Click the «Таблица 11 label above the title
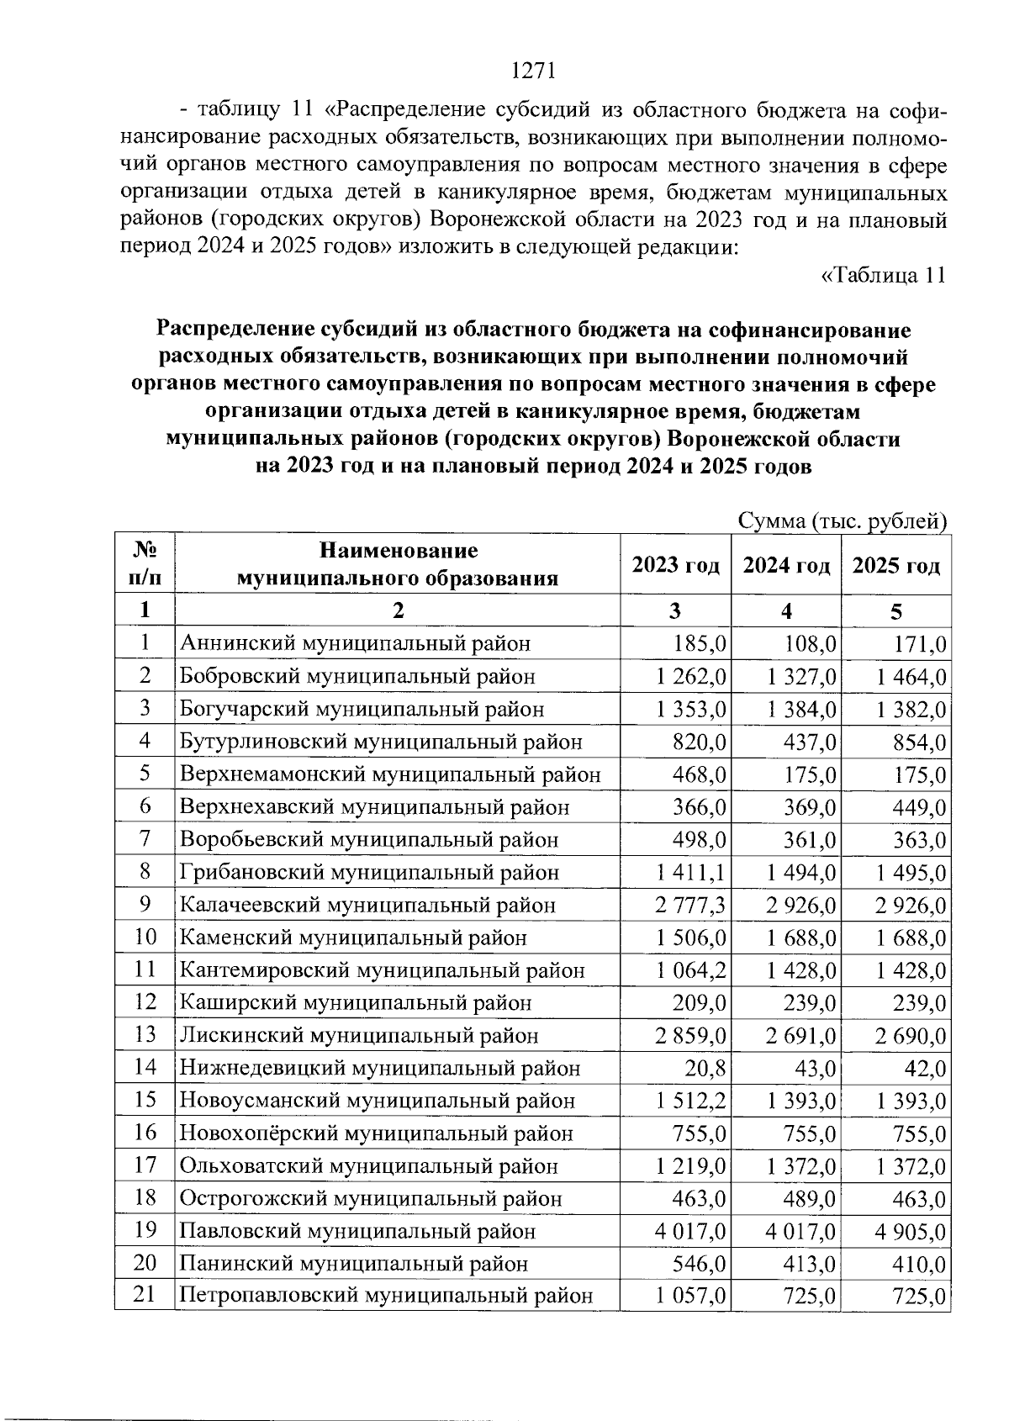tap(884, 275)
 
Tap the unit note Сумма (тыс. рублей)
tap(843, 521)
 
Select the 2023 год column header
tap(676, 565)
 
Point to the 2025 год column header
tap(895, 565)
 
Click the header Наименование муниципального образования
tap(398, 564)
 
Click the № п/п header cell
tap(145, 564)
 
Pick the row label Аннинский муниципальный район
tap(355, 644)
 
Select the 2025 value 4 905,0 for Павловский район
tap(911, 1233)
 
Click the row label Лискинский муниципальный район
tap(359, 1036)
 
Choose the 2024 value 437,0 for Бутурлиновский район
tap(808, 742)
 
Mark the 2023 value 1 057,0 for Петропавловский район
tap(690, 1297)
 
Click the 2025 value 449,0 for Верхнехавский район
tap(919, 808)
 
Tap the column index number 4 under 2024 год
tap(786, 611)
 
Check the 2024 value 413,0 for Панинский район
tap(808, 1265)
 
